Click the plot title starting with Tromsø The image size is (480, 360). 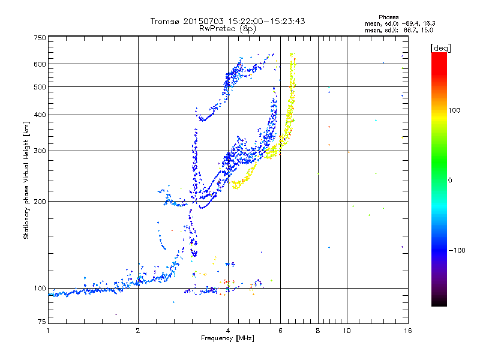click(x=227, y=21)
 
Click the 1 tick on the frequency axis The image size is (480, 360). click(x=48, y=331)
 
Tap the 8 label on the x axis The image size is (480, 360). click(x=318, y=331)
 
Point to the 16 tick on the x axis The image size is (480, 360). click(x=407, y=331)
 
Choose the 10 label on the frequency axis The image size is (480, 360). click(x=347, y=331)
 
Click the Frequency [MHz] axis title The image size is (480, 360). click(x=227, y=339)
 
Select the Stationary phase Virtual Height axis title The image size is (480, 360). click(x=26, y=180)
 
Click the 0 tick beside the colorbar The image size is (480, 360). click(x=450, y=180)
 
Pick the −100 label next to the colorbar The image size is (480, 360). click(x=457, y=250)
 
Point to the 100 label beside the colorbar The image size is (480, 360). click(x=454, y=110)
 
